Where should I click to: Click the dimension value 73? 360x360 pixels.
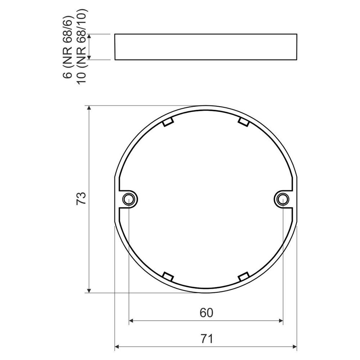coord(81,199)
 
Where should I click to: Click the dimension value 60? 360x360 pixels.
coord(206,313)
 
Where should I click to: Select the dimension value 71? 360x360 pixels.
coord(206,339)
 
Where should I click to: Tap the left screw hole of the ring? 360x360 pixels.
coord(129,199)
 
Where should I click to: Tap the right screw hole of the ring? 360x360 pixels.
coord(283,199)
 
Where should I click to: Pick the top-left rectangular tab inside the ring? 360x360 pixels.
coord(168,122)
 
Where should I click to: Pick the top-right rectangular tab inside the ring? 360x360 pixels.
coord(244,122)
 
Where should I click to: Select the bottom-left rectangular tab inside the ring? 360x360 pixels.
coord(168,277)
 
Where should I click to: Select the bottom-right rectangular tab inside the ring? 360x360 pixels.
coord(244,277)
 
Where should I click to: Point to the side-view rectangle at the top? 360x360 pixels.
coord(206,47)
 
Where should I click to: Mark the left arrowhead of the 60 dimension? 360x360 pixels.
coord(131,320)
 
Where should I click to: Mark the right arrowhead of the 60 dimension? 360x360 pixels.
coord(280,320)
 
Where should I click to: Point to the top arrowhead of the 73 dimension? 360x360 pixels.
coord(89,108)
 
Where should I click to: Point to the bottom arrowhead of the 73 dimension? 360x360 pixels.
coord(89,290)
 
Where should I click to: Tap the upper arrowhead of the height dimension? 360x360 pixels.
coord(89,36)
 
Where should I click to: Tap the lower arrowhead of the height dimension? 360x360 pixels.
coord(89,57)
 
